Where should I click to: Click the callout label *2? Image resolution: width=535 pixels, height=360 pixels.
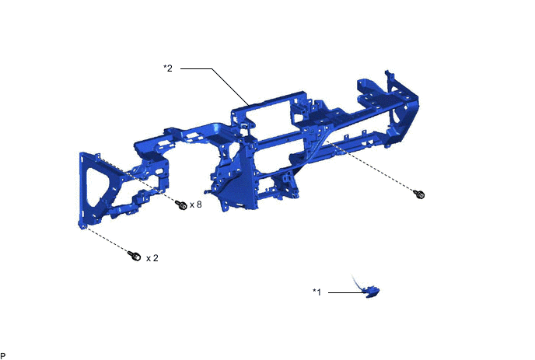pos(167,68)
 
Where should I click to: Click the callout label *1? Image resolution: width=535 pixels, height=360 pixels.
pos(316,292)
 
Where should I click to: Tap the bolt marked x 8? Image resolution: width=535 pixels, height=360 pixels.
pos(182,205)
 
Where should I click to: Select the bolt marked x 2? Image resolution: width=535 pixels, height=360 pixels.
pos(133,254)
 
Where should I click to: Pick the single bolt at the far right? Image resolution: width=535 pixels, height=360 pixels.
pos(420,194)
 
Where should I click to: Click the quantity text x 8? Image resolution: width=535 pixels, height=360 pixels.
pos(196,205)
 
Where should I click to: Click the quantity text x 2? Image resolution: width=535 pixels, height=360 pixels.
pos(152,257)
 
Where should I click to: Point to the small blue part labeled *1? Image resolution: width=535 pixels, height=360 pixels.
pos(372,292)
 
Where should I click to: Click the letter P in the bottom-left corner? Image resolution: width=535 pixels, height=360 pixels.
pos(3,355)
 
